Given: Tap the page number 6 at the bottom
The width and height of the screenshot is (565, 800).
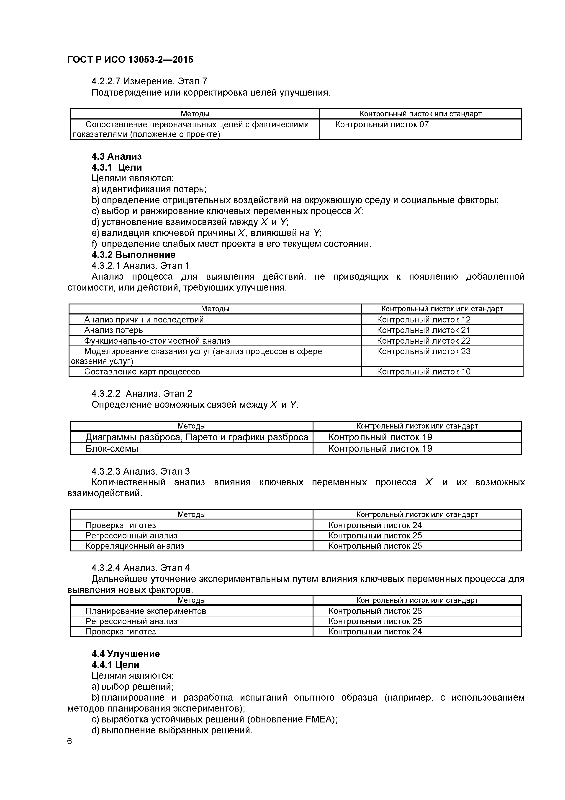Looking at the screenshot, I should tap(70, 751).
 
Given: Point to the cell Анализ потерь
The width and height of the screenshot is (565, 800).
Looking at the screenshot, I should tap(113, 330).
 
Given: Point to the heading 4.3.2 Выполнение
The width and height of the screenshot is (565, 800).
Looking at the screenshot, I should tap(133, 255).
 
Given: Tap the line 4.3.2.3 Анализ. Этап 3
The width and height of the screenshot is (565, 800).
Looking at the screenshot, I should tap(140, 471).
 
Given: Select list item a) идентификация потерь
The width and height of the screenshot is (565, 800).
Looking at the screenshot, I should tap(149, 189).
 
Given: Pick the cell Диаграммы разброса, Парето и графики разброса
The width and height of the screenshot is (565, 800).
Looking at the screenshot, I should tap(197, 437).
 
